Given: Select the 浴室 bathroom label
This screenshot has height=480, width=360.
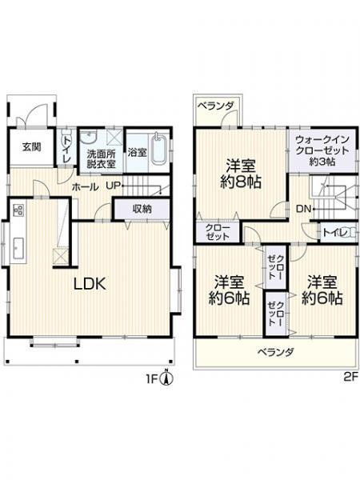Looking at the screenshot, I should click(137, 151).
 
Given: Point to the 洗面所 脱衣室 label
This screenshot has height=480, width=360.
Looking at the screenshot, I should click(101, 158).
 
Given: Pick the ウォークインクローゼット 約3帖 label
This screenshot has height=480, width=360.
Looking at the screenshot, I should click(318, 150).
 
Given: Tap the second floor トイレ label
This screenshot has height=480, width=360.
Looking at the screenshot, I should click(333, 232).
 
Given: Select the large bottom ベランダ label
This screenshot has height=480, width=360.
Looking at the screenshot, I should click(274, 351).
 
